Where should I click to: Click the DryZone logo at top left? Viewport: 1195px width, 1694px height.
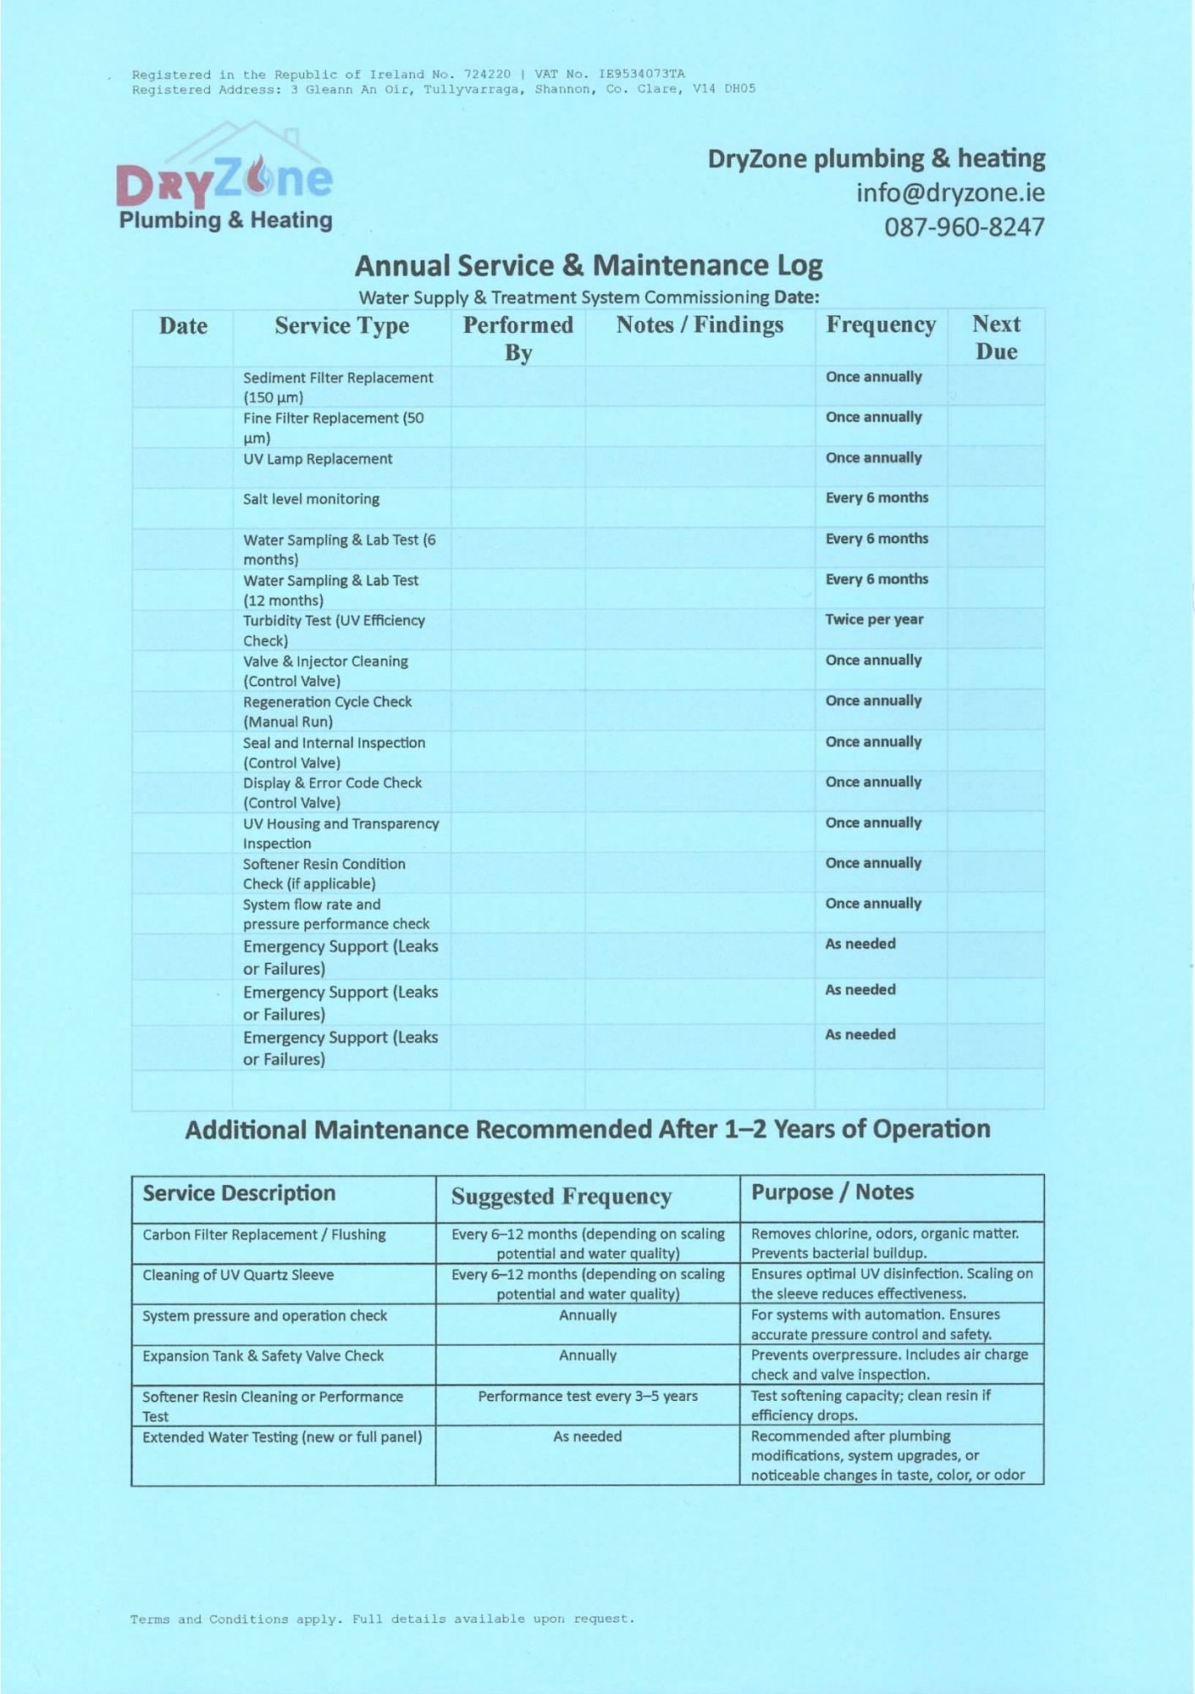(225, 180)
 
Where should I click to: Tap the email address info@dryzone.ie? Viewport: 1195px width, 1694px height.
(949, 193)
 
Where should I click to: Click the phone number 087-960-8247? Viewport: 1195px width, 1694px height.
(964, 227)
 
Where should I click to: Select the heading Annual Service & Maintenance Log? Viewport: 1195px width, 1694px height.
(588, 266)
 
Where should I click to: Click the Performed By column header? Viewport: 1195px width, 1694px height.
(517, 338)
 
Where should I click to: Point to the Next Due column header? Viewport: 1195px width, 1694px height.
(995, 337)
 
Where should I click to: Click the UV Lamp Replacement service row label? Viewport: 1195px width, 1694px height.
(318, 459)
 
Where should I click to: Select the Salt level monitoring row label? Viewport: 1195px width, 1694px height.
(311, 500)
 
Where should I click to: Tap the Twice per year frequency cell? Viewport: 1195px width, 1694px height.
(874, 620)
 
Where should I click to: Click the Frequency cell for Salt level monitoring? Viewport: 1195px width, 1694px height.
(877, 498)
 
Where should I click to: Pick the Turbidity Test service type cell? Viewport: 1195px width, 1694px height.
(334, 630)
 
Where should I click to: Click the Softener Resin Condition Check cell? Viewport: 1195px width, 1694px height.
(324, 873)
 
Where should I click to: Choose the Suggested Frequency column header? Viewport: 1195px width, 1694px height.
(561, 1197)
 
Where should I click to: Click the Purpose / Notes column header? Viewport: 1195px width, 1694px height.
(832, 1193)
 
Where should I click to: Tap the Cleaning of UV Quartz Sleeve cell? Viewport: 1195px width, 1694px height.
(238, 1276)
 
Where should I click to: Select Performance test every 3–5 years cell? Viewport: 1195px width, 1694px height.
(587, 1396)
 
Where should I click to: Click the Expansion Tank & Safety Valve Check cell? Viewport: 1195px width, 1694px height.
(263, 1356)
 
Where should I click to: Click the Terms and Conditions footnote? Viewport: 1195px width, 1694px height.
(382, 1619)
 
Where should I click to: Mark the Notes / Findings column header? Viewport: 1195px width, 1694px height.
(700, 325)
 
